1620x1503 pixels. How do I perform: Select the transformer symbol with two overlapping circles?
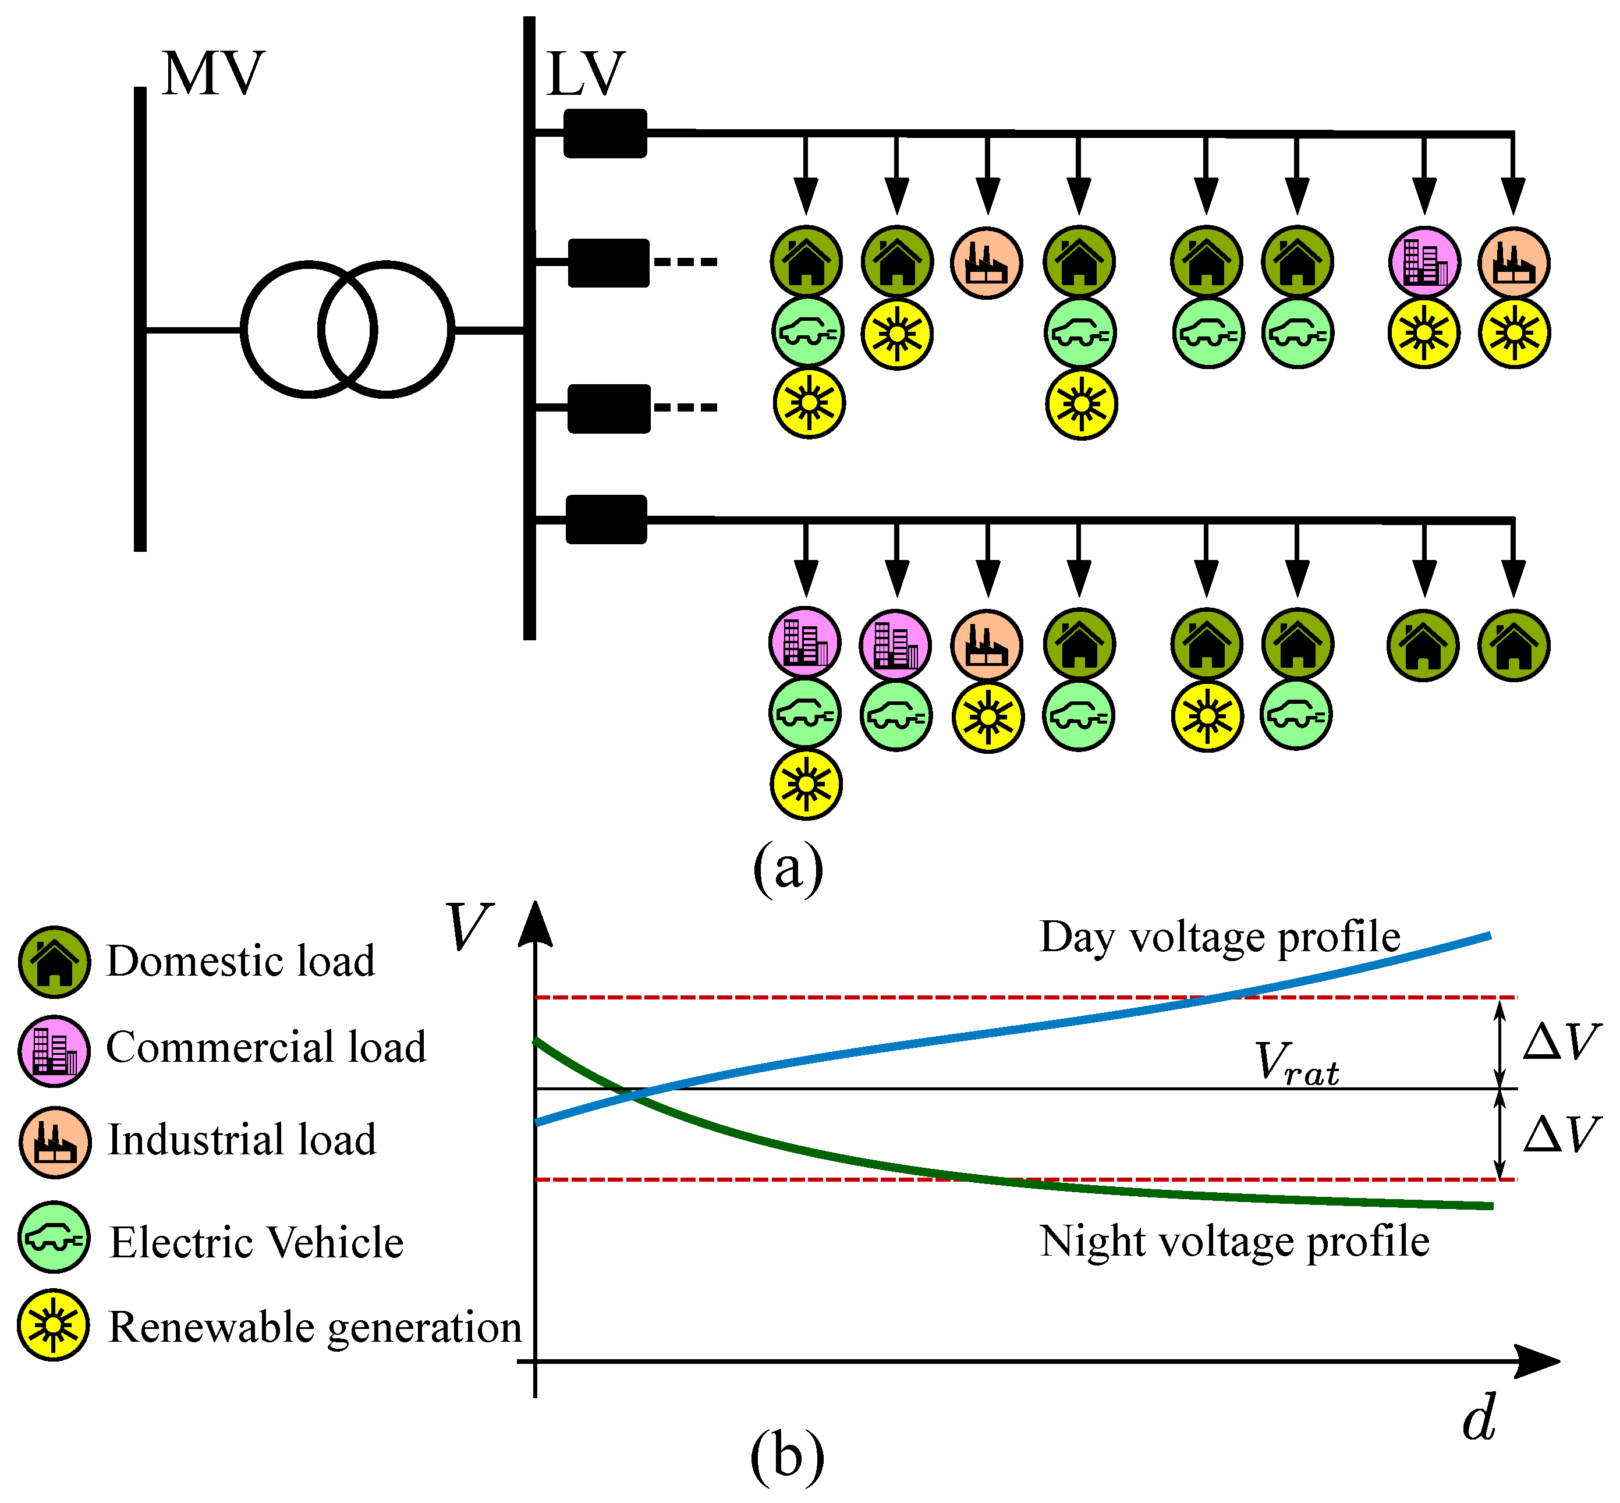tap(348, 329)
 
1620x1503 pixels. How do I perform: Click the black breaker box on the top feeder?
tap(605, 133)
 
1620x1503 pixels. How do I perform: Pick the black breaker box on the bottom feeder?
tap(606, 519)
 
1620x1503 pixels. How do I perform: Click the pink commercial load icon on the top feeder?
tap(1424, 263)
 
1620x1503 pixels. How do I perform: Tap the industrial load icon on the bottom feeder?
tap(987, 646)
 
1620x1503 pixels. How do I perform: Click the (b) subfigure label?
tap(786, 1455)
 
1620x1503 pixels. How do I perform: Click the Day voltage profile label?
tap(1220, 937)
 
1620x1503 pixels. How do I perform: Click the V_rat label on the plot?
tap(1296, 1063)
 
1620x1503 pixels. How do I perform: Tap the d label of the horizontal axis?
tap(1479, 1419)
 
